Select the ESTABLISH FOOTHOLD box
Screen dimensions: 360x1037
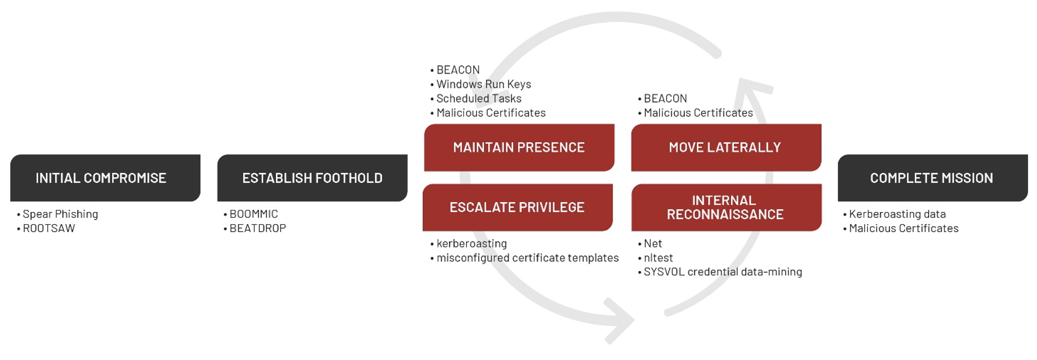pos(312,178)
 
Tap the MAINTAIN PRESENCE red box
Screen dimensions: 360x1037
pos(519,148)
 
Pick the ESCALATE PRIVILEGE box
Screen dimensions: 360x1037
pos(517,207)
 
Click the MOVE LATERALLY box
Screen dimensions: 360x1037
pos(725,148)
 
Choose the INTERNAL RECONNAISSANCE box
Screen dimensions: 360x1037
pos(725,207)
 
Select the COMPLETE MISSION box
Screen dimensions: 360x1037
pos(932,178)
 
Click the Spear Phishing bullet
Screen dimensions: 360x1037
pos(60,214)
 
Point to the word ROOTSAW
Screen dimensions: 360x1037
pos(49,228)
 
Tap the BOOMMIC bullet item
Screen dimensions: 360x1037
pos(254,214)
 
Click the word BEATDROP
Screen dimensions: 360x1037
pos(258,228)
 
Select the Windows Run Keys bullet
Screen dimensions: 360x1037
pos(484,84)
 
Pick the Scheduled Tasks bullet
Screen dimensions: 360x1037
pos(479,98)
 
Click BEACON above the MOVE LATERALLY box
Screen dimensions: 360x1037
pos(665,98)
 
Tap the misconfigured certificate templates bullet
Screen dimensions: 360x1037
pos(527,258)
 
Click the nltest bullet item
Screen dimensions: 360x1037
pos(658,258)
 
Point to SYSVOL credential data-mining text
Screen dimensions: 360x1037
pos(723,272)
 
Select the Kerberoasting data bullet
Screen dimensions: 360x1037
pos(897,214)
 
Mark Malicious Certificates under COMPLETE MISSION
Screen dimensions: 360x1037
pos(904,228)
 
